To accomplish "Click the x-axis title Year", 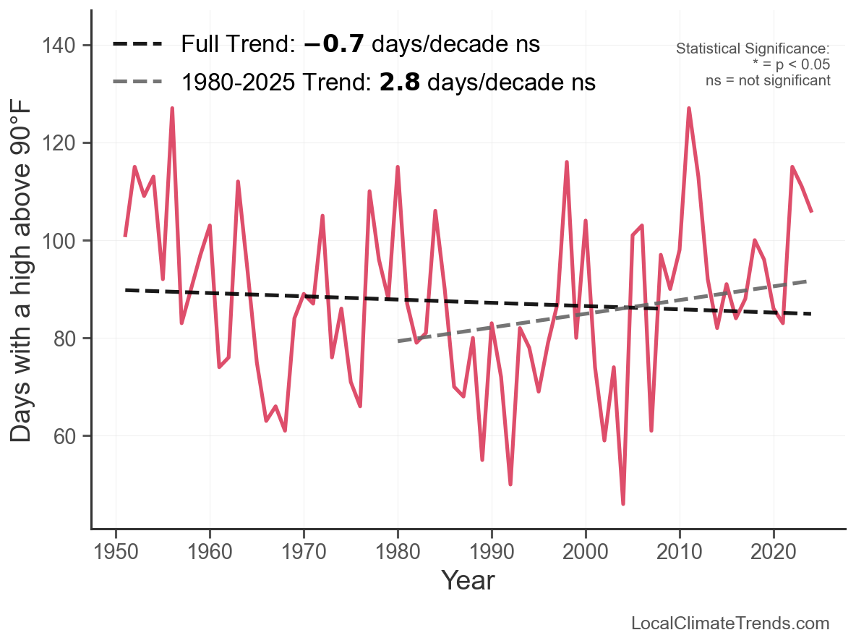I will point(468,580).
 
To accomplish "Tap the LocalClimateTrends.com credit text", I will point(730,623).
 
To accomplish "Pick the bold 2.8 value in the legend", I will point(400,82).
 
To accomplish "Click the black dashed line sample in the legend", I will point(137,45).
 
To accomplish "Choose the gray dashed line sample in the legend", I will point(137,82).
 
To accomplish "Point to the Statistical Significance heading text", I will point(753,49).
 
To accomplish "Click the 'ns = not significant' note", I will point(768,80).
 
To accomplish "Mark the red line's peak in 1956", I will point(172,108).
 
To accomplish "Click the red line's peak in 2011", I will point(689,108).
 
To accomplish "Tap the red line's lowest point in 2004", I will point(623,503).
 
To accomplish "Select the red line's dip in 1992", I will point(510,484).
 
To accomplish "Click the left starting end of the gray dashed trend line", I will point(398,341).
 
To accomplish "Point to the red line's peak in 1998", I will point(567,162).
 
